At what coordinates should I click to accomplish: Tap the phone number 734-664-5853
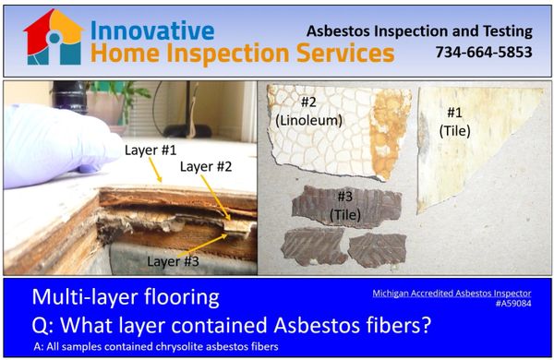(x=484, y=53)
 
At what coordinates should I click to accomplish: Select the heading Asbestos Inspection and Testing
(x=420, y=30)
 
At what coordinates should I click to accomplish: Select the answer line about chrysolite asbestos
(x=154, y=346)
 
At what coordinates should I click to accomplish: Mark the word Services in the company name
(x=342, y=54)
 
